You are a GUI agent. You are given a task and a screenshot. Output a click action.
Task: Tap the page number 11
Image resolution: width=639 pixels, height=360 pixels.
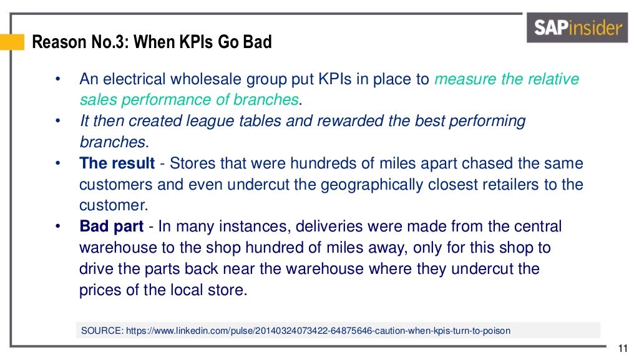point(622,348)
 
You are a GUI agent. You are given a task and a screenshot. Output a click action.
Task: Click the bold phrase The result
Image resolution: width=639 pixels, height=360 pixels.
point(117,163)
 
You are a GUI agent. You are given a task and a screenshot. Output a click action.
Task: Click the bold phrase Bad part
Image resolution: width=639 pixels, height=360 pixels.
point(112,226)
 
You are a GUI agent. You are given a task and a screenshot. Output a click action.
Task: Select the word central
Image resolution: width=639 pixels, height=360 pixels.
point(535,226)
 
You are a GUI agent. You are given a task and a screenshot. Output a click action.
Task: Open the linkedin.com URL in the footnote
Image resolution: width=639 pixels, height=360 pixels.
point(318,331)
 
